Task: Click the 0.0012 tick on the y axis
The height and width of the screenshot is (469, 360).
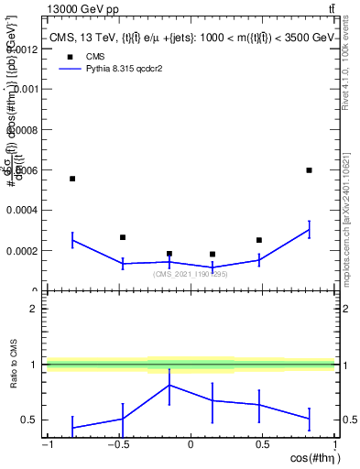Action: pos(24,49)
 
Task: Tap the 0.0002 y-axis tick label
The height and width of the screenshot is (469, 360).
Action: pos(24,250)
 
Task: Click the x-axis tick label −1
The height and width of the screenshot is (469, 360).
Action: pos(46,444)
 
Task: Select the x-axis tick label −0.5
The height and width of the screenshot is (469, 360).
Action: pos(117,444)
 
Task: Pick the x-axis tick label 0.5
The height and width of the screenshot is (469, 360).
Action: pos(263,444)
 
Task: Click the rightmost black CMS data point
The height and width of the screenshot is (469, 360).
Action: pos(310,170)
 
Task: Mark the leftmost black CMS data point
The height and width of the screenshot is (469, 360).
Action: pos(72,179)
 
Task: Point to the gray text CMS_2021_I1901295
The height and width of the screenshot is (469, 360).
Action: pos(190,274)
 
